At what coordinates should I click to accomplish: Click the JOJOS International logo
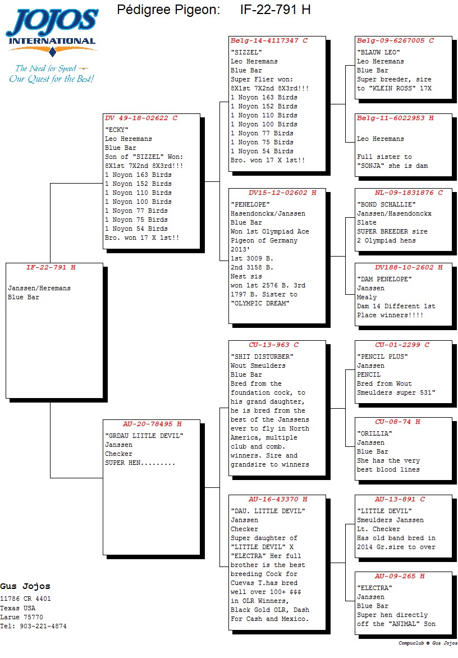[x=52, y=46]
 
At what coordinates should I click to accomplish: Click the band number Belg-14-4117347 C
[x=269, y=41]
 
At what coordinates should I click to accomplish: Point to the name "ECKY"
[x=117, y=130]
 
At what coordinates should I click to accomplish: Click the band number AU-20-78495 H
[x=152, y=424]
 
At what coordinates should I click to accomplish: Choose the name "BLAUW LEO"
[x=378, y=52]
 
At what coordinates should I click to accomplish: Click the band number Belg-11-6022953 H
[x=395, y=118]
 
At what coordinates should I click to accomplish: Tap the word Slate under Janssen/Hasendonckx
[x=367, y=222]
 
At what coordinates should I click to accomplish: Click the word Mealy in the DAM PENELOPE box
[x=367, y=297]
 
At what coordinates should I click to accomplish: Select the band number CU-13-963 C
[x=273, y=345]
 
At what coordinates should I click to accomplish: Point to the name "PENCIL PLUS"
[x=382, y=357]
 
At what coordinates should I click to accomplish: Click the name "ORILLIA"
[x=374, y=433]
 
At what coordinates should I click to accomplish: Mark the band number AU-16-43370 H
[x=278, y=499]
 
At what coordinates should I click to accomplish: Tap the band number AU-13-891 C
[x=400, y=499]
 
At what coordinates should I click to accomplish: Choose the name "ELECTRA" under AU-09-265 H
[x=374, y=587]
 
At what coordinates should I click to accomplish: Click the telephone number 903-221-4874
[x=43, y=626]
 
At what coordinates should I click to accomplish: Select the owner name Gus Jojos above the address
[x=25, y=586]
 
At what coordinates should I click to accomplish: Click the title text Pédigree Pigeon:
[x=168, y=9]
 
